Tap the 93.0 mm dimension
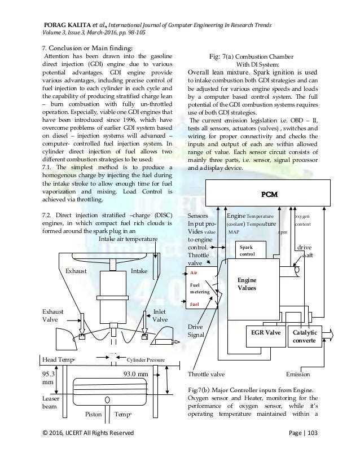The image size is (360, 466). point(136,372)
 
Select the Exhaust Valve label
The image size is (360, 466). point(52,315)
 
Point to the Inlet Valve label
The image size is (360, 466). point(161,315)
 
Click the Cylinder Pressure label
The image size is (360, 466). point(149,358)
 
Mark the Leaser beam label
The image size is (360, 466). point(51,402)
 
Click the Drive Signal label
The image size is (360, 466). point(196,331)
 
